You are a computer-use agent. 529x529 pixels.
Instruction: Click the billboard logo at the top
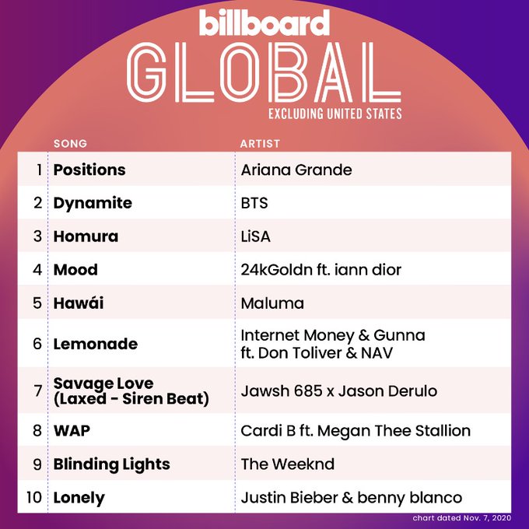(264, 23)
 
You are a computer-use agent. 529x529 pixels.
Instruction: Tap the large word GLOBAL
(264, 72)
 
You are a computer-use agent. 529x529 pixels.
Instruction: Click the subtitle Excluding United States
(335, 114)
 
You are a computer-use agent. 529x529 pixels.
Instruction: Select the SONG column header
(70, 144)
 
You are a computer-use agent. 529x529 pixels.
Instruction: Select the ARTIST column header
(260, 144)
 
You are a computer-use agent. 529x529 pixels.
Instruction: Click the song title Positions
(89, 170)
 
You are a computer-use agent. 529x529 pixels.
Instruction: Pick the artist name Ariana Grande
(296, 170)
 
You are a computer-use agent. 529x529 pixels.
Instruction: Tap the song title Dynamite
(93, 203)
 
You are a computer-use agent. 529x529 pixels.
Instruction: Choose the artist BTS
(254, 203)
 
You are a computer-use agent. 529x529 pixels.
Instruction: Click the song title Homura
(86, 236)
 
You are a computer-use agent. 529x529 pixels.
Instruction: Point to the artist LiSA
(256, 236)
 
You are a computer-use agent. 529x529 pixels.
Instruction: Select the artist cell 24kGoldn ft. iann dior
(321, 270)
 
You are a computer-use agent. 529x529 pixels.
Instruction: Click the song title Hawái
(79, 303)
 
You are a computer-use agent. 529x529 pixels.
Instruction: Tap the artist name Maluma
(272, 303)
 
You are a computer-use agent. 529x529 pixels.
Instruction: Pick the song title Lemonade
(96, 344)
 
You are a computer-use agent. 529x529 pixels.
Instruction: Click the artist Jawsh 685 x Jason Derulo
(339, 391)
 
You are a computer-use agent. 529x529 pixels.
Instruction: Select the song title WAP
(72, 431)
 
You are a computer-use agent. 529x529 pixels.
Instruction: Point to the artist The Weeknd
(288, 464)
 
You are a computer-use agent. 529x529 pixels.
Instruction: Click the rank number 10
(34, 497)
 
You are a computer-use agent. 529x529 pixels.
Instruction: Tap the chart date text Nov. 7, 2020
(487, 518)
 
